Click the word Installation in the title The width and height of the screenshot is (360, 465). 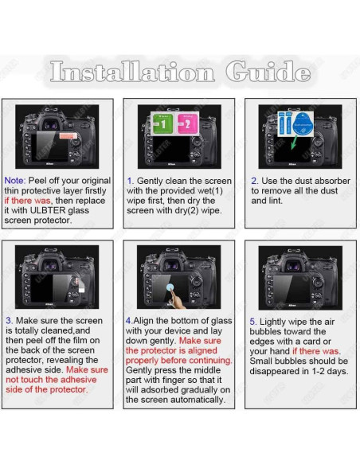click(132, 72)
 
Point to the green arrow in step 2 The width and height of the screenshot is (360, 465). click(297, 143)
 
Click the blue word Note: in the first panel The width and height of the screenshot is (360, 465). click(15, 181)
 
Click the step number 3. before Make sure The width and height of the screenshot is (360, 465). click(9, 321)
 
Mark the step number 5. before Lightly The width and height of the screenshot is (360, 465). click(254, 321)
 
